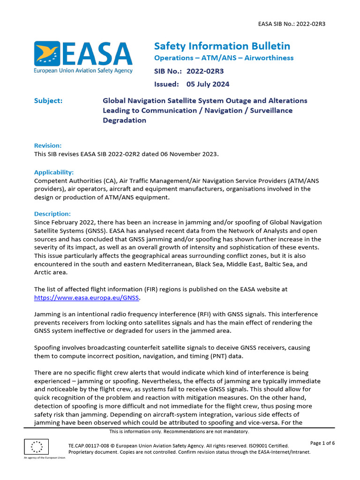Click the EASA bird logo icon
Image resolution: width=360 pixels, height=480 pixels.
tap(47, 54)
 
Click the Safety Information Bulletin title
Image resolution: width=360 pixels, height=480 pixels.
tap(222, 46)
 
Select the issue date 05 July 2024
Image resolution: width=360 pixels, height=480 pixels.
tap(208, 84)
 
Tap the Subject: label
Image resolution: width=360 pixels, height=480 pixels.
tap(48, 101)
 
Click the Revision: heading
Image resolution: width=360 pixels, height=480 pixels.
tap(48, 146)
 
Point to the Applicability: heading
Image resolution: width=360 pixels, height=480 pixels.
tap(54, 172)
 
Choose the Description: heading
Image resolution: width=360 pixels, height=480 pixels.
tap(52, 214)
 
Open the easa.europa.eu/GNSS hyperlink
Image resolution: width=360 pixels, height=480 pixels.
tap(87, 297)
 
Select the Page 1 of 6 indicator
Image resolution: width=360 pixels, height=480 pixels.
tap(322, 443)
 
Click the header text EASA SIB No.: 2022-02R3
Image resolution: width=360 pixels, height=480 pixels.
tap(292, 24)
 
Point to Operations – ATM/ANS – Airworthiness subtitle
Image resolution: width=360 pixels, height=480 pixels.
tap(224, 58)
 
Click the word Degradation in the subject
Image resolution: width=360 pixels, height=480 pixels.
tap(124, 120)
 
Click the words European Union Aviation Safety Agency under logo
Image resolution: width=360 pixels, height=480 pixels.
tap(83, 71)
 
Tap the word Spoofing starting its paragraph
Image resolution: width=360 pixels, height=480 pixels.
tap(47, 348)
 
